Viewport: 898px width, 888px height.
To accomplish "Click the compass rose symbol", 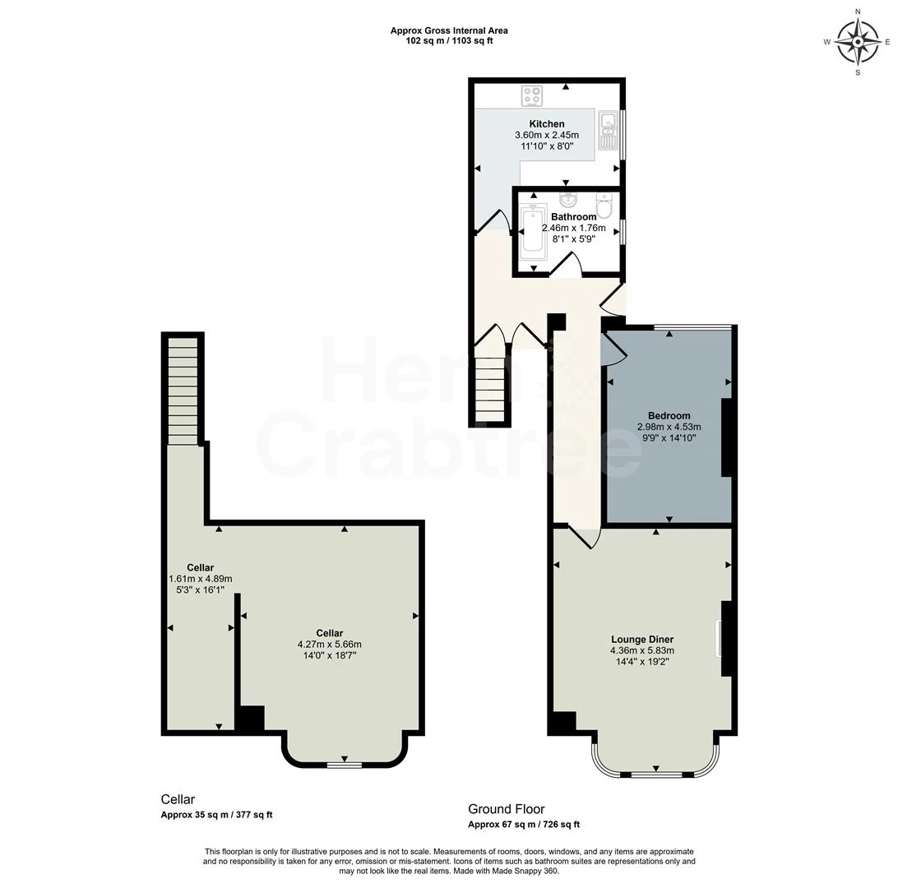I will (x=858, y=41).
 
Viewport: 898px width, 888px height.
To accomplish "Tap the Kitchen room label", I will (x=547, y=124).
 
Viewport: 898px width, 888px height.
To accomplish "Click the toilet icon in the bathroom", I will (x=604, y=204).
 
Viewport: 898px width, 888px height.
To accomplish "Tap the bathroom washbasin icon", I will (x=567, y=200).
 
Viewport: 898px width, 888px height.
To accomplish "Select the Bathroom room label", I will (x=573, y=217).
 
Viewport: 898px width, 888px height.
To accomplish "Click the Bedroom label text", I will (x=669, y=415).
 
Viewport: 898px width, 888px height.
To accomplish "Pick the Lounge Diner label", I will (x=642, y=639).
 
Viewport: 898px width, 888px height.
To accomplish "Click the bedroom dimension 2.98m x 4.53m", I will (x=669, y=427).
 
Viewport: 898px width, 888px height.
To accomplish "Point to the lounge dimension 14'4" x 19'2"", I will (x=642, y=661).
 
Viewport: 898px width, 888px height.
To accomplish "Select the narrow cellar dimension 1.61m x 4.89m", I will (x=200, y=578).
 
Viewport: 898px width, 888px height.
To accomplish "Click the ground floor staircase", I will (x=490, y=388).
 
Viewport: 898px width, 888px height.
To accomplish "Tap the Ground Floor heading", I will (x=507, y=809).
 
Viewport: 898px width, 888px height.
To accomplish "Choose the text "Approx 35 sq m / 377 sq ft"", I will (x=216, y=816).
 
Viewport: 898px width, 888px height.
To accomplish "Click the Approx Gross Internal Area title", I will (x=449, y=31).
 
